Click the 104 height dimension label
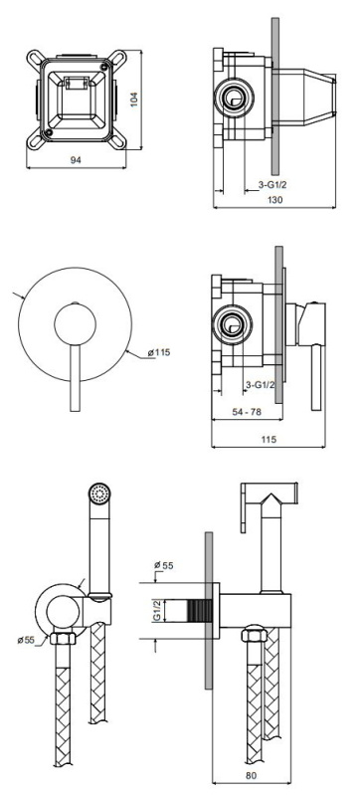coord(134,99)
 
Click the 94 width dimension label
coord(76,160)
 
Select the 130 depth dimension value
coord(274,200)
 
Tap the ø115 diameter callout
coord(159,352)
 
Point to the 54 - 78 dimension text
coord(247,412)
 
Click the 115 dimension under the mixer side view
coord(269,440)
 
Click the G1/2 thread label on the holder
coord(157,610)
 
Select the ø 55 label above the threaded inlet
coord(163,565)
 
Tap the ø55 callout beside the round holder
coord(26,640)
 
